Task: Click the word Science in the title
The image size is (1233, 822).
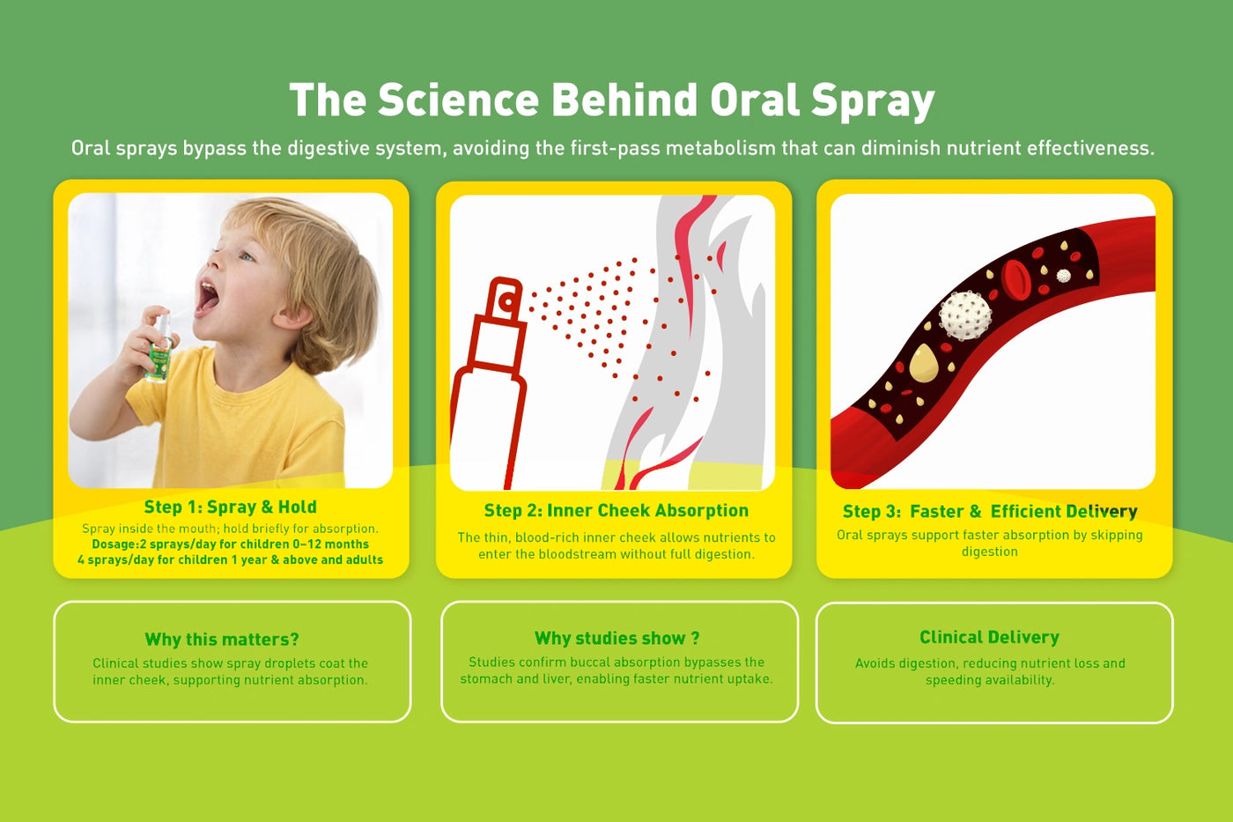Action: (x=458, y=99)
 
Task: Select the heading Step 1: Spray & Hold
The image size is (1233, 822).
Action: (x=230, y=507)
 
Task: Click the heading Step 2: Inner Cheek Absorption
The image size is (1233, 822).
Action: (x=616, y=510)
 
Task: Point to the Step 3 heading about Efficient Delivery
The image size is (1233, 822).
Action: (x=990, y=512)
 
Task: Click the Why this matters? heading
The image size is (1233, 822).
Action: (x=222, y=640)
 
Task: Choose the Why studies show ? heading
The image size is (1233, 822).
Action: (x=616, y=638)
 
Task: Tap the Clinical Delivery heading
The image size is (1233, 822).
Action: (x=989, y=637)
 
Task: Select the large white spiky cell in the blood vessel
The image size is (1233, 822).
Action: (x=964, y=315)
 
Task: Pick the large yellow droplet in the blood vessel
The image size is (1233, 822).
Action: (x=924, y=362)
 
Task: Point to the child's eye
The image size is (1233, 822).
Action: (x=247, y=256)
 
